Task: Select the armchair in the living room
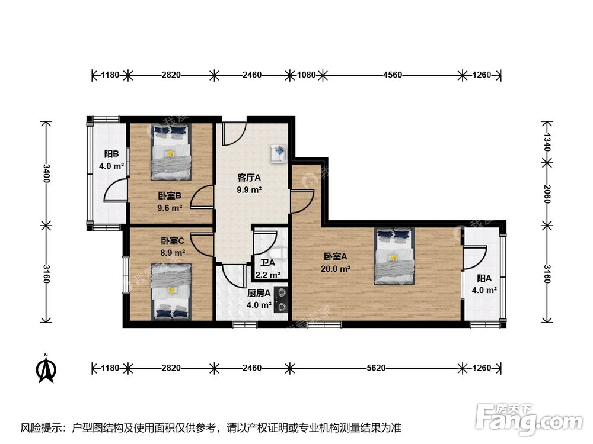click(x=278, y=153)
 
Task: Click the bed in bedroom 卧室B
click(x=171, y=152)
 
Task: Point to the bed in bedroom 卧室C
click(x=171, y=292)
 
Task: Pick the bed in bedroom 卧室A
click(x=394, y=256)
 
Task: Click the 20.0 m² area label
click(x=335, y=269)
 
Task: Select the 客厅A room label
click(x=249, y=178)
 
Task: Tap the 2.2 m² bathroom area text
click(x=268, y=275)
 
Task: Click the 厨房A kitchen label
click(x=259, y=293)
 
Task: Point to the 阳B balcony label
click(x=111, y=154)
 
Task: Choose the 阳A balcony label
click(x=484, y=279)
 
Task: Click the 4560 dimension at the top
click(x=393, y=75)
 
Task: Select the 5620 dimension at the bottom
click(x=376, y=368)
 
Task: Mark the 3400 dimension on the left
click(x=46, y=173)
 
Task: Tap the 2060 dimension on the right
click(x=547, y=194)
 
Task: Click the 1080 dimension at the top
click(x=306, y=75)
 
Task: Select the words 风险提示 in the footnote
click(x=41, y=428)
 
